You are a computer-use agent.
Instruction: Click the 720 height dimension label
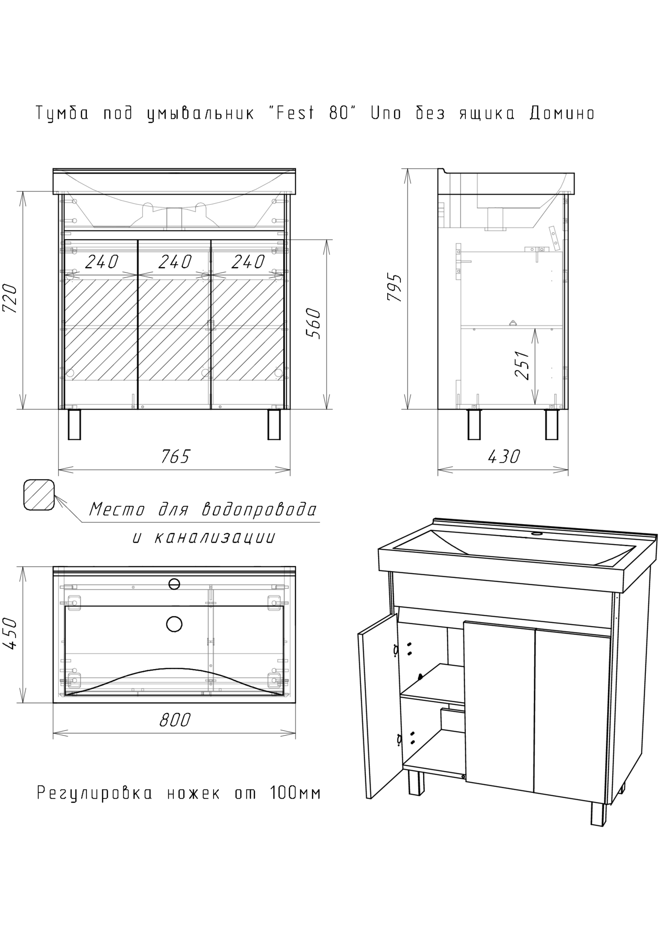(x=11, y=299)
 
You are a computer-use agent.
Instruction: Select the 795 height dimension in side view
(x=395, y=288)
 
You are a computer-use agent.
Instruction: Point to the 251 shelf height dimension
(x=522, y=365)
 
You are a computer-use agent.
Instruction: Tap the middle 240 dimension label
(x=175, y=262)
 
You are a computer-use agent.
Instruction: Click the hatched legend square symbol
(x=39, y=494)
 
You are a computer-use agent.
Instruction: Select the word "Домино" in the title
(x=561, y=113)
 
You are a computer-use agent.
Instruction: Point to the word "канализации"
(x=214, y=537)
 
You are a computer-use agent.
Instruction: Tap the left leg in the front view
(x=74, y=424)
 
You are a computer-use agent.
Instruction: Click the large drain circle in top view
(x=174, y=624)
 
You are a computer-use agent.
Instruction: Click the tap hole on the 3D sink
(x=537, y=534)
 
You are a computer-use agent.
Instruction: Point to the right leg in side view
(x=551, y=424)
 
